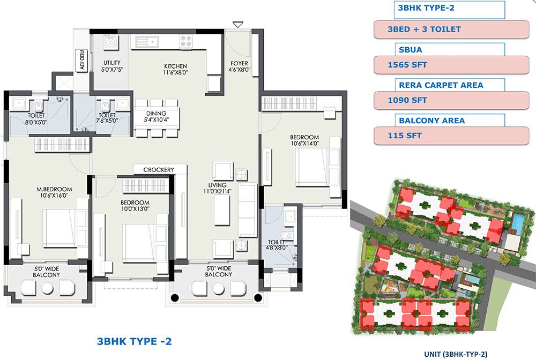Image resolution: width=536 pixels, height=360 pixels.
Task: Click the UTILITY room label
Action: point(112,63)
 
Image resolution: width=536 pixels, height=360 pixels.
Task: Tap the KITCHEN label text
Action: point(175,66)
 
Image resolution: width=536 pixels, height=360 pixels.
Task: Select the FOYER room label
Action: point(239,63)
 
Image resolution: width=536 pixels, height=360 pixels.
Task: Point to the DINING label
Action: point(156,114)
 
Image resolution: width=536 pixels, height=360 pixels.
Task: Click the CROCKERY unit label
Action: point(159,170)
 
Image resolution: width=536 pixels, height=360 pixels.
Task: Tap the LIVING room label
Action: point(218,185)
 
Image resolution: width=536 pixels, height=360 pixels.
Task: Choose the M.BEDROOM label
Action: point(54,189)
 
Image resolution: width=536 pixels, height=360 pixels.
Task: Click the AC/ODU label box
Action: point(82,60)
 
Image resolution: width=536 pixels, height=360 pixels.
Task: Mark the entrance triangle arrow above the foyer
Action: point(238,25)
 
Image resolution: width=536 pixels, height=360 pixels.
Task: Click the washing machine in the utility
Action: point(110,43)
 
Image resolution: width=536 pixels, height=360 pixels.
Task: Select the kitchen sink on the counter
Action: point(147,42)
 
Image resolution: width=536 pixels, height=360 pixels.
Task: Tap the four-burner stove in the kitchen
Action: point(187,41)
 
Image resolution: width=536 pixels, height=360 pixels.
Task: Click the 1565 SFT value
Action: point(407,65)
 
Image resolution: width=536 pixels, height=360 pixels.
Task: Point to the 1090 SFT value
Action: point(407,100)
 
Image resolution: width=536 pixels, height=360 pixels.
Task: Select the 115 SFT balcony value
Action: point(404,136)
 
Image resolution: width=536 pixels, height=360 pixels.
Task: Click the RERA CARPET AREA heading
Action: point(441,85)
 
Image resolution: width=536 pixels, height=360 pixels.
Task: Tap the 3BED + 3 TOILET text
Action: point(424,29)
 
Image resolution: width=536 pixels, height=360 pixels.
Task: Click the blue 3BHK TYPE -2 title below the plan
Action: point(135,341)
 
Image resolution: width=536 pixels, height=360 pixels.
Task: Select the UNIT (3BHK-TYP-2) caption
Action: point(456,354)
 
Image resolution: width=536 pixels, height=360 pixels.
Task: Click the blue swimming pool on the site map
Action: point(517,224)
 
